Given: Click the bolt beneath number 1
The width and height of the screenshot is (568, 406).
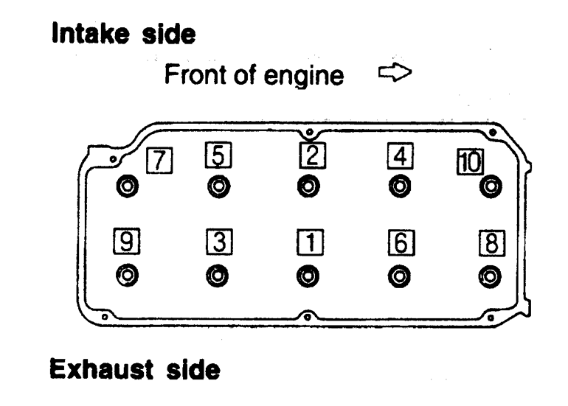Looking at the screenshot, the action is (308, 276).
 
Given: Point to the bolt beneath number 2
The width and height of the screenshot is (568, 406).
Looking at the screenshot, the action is (308, 186).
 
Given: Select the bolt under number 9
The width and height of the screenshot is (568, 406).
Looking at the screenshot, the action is (128, 276).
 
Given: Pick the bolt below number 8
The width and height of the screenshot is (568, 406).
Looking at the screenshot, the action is (488, 276).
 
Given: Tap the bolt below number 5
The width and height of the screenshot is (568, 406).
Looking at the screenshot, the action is (218, 186).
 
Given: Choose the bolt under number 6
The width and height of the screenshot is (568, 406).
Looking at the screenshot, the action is (398, 276).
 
